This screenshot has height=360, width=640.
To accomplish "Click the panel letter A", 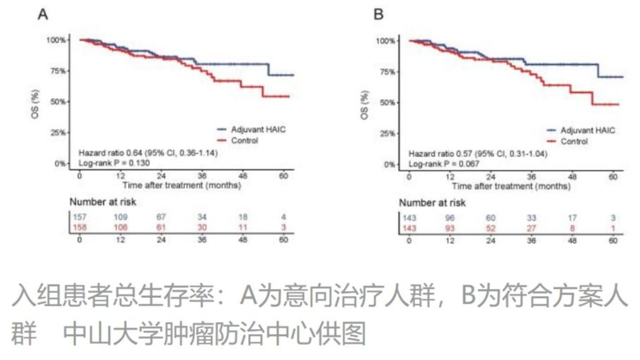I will [x=42, y=13].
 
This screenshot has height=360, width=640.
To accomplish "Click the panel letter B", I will [x=379, y=13].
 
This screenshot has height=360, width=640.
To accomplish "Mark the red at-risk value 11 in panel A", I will [x=242, y=227].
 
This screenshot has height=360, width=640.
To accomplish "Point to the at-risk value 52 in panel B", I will [x=491, y=228].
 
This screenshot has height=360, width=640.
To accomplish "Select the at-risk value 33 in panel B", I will [x=532, y=217].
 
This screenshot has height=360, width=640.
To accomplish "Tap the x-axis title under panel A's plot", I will [x=181, y=186].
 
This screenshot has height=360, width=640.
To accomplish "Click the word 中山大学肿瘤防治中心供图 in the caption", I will [x=214, y=335].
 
